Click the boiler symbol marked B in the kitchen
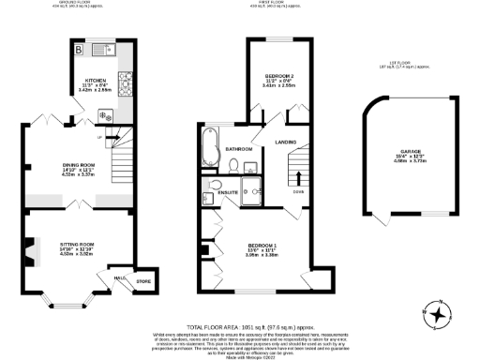click(x=80, y=49)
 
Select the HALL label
click(x=120, y=278)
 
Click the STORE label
click(x=142, y=281)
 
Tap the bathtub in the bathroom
click(x=208, y=146)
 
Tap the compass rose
click(x=436, y=315)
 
